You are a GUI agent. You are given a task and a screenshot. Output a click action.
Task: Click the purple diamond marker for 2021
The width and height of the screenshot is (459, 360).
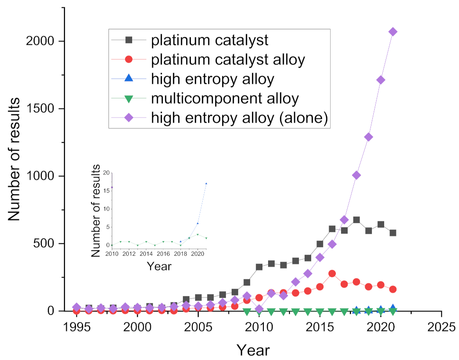pos(393,32)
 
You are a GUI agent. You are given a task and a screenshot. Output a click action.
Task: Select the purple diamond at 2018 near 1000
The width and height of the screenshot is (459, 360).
pos(356,175)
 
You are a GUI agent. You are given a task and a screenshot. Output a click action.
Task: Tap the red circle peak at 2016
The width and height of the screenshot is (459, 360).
pos(332,274)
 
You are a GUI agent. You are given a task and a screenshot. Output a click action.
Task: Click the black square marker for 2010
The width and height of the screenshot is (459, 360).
pos(259,267)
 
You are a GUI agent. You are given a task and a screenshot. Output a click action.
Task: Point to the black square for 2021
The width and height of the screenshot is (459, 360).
pos(393,233)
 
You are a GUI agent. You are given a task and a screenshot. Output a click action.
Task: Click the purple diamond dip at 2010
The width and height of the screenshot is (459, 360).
pos(259,309)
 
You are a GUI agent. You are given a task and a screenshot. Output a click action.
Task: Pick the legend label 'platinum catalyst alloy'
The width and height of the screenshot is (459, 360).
pos(228,59)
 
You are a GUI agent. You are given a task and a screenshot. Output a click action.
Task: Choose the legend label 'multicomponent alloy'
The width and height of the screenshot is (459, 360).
pos(225,99)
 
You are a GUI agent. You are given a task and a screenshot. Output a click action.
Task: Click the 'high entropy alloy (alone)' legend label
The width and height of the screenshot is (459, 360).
pos(240,117)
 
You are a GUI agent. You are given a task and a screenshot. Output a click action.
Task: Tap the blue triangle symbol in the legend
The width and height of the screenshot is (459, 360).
pos(129,78)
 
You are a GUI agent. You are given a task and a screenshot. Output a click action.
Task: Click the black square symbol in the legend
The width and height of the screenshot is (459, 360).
pos(129,40)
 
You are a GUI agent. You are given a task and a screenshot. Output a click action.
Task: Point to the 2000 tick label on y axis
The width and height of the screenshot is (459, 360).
pos(40,41)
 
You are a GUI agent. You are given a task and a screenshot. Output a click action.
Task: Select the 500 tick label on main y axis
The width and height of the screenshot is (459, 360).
pos(44,243)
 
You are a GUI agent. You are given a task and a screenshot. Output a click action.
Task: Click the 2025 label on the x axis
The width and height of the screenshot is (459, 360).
pos(441,327)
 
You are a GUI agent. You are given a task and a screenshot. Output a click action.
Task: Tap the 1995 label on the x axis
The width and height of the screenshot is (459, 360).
pos(77,327)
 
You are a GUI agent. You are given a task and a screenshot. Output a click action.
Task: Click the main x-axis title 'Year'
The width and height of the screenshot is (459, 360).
pos(253,350)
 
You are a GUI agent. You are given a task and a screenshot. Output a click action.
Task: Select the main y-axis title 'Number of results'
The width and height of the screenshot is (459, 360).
pos(14,159)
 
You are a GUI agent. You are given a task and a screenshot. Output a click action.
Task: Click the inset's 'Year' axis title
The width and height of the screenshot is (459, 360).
pos(159,266)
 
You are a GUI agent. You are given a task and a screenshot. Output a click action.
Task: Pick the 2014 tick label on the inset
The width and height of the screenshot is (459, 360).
pos(146,254)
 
